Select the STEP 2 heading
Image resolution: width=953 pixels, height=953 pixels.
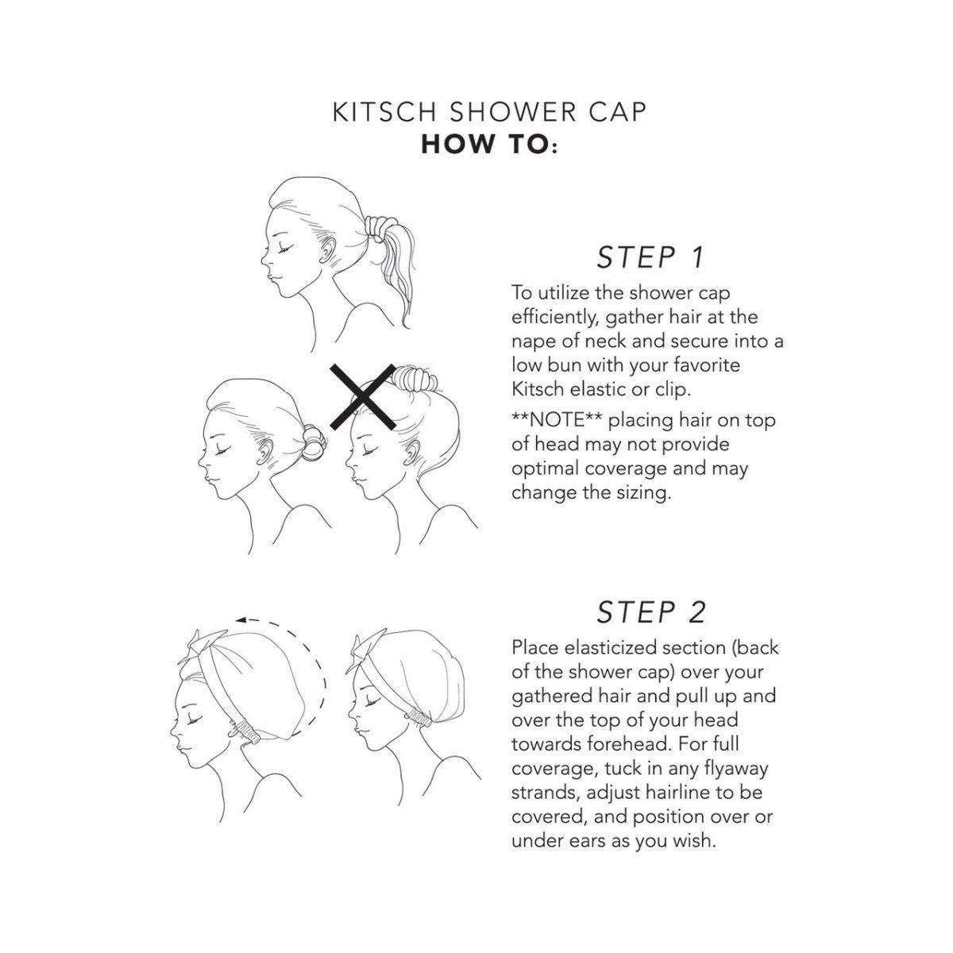650,612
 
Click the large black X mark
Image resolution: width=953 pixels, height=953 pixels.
362,397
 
